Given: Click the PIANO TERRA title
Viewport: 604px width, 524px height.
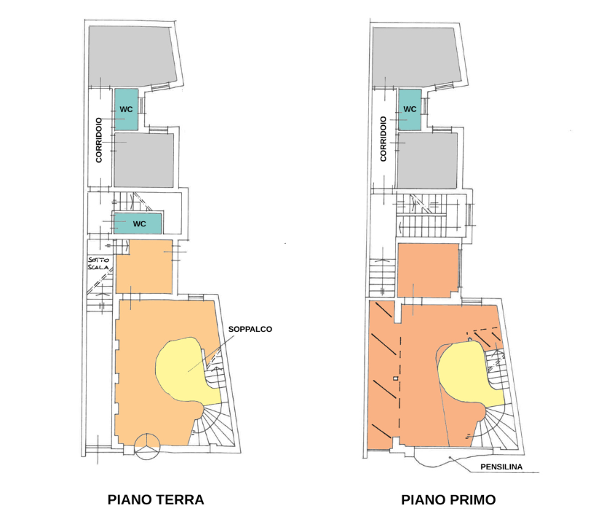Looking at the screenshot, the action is pos(156,499).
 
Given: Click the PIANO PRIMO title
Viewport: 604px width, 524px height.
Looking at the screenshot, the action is pos(448,499).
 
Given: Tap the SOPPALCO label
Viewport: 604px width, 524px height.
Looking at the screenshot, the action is pos(250,329).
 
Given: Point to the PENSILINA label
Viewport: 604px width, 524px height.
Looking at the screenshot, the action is pos(501,467).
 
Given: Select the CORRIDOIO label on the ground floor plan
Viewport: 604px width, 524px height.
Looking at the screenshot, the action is pos(99,140).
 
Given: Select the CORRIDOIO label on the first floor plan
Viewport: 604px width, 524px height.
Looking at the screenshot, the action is pos(384,139).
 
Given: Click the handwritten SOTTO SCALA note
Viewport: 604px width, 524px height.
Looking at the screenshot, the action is pos(99,263).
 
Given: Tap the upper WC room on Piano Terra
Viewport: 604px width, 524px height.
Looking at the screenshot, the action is pos(126,109).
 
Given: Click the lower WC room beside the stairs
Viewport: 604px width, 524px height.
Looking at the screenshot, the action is pos(138,223).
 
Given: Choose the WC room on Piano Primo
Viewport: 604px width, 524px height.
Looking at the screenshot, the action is pos(410,110).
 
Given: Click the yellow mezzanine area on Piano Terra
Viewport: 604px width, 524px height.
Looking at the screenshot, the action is pos(185,370).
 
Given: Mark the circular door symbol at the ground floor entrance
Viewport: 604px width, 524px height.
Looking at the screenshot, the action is pos(147,447).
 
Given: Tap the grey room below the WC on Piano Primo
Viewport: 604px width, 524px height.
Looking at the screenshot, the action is pos(428,161).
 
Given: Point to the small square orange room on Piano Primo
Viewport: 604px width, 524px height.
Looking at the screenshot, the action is pos(429,271).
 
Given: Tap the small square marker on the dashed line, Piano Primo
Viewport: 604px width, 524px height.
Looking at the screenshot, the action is pos(396,378).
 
